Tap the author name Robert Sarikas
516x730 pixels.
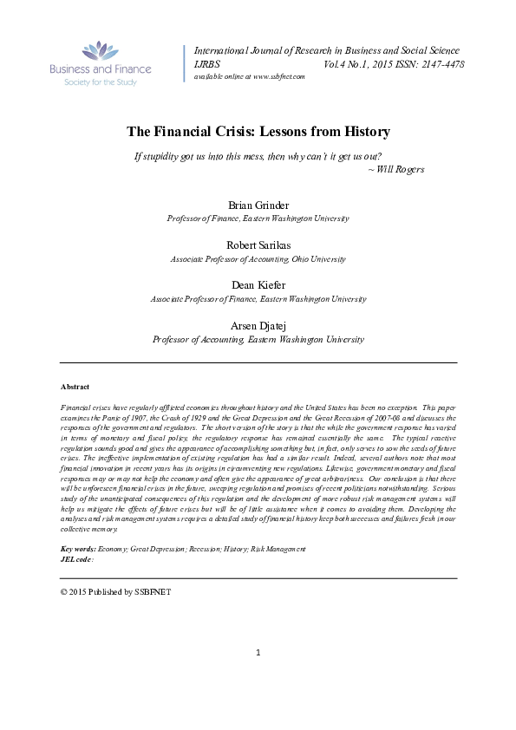point(258,244)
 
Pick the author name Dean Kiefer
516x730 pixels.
point(258,284)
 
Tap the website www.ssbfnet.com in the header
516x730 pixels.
point(274,76)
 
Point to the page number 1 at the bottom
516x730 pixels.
point(258,676)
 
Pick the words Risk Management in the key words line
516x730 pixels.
point(278,550)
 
